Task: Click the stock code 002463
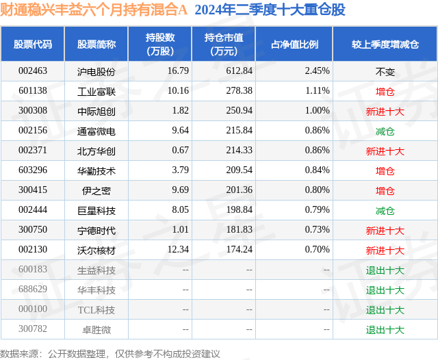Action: coord(32,70)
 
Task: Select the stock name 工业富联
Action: coord(96,90)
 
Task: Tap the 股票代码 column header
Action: coord(32,44)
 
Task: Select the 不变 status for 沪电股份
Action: coord(385,70)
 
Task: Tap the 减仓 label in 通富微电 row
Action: coord(385,130)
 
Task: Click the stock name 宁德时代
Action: coord(96,230)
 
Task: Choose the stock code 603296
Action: coord(32,170)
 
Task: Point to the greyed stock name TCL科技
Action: coord(96,309)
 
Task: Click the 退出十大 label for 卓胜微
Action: coord(385,329)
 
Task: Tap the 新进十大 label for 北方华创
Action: coord(385,151)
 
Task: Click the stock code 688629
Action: coord(32,290)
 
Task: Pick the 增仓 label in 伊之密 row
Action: coord(385,190)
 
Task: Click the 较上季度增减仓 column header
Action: coord(385,44)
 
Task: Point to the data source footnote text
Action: coord(110,353)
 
